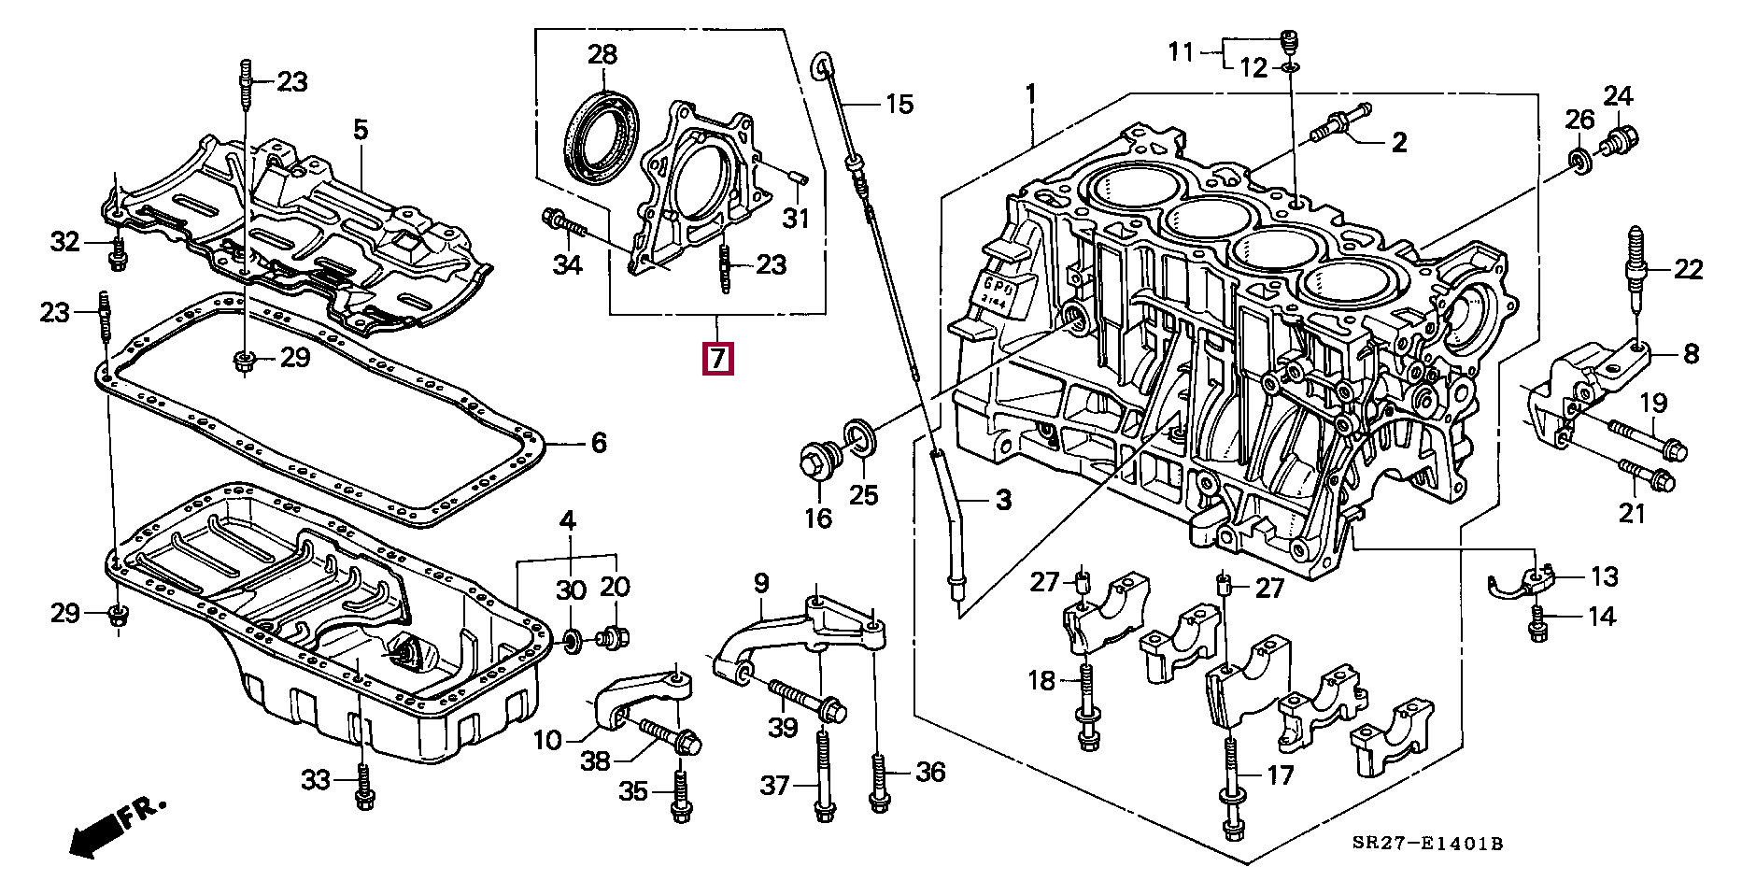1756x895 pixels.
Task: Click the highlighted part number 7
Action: pos(717,358)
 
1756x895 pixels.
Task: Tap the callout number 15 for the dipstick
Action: pos(899,104)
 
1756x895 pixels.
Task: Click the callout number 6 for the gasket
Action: pos(598,442)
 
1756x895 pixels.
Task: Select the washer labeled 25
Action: pos(860,440)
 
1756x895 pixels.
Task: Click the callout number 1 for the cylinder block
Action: pos(1031,93)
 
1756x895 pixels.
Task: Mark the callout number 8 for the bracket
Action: pos(1691,354)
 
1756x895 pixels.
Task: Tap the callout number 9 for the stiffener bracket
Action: pos(761,585)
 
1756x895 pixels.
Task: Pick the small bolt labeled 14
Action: pos(1537,625)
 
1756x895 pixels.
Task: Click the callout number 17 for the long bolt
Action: pos(1281,774)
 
